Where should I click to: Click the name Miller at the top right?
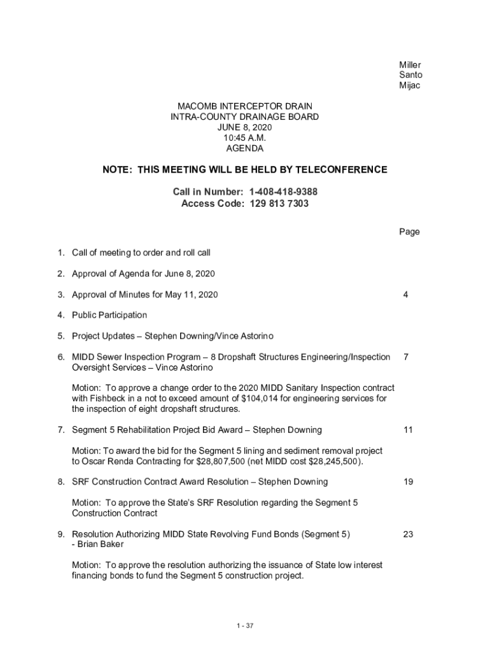[x=410, y=65]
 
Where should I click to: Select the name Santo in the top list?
[x=410, y=75]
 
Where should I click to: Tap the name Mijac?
[x=410, y=85]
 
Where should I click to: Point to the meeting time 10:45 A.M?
[x=244, y=138]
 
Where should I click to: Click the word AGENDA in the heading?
[x=244, y=148]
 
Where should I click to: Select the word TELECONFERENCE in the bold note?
[x=337, y=170]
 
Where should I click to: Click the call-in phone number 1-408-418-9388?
[x=283, y=192]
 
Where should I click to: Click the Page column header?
[x=409, y=232]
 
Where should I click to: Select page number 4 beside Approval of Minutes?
[x=405, y=294]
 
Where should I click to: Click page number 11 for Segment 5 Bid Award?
[x=408, y=430]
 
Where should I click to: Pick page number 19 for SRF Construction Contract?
[x=408, y=482]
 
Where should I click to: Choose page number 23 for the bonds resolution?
[x=408, y=534]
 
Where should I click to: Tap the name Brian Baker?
[x=100, y=544]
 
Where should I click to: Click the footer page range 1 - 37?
[x=245, y=626]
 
